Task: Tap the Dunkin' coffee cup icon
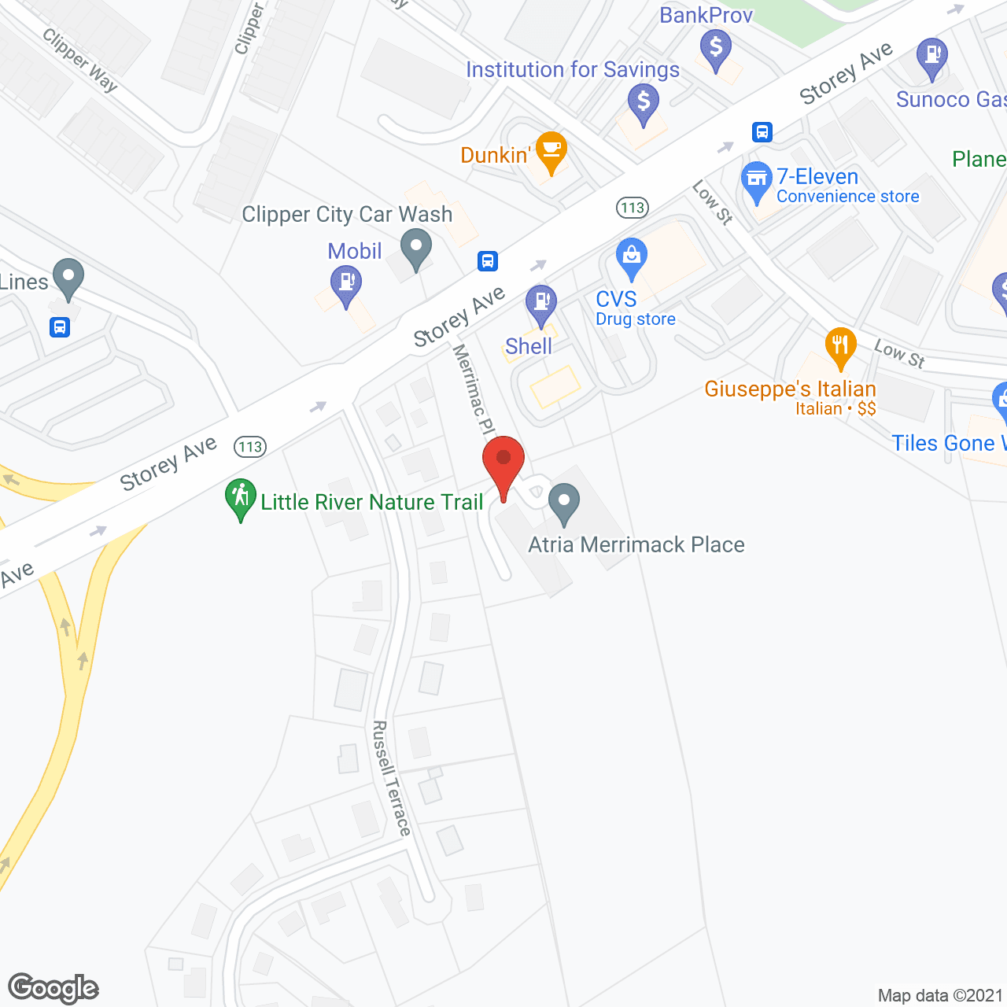[551, 149]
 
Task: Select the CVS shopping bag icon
[631, 256]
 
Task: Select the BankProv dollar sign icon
[715, 48]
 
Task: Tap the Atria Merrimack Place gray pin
[563, 502]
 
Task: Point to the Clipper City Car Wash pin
[416, 247]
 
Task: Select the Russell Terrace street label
[391, 777]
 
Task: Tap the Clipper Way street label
[79, 60]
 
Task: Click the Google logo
[53, 988]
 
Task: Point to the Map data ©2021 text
[940, 995]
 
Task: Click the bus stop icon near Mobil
[488, 260]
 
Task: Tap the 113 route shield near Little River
[250, 447]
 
